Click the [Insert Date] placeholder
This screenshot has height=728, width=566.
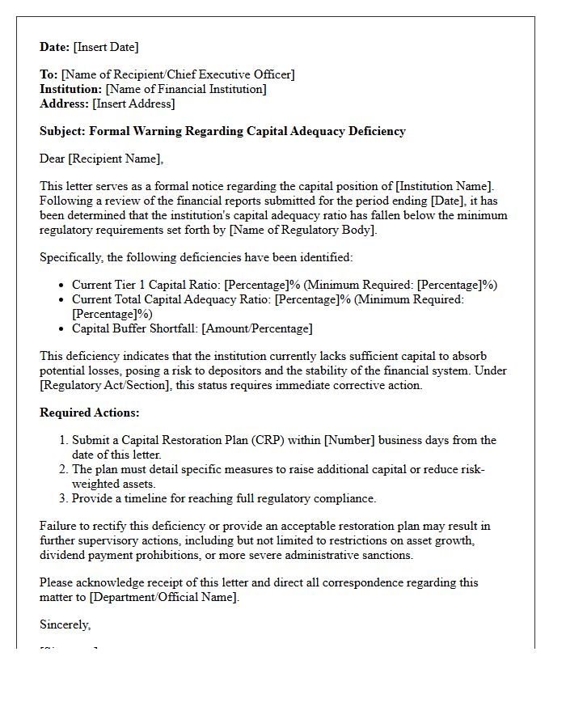point(106,47)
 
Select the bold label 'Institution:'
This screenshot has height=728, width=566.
point(71,89)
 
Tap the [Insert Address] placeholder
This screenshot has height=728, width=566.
point(133,104)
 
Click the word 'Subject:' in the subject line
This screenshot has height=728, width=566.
point(62,131)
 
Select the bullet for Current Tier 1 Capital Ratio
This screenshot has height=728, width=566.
point(62,286)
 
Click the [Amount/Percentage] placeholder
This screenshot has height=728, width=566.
point(256,328)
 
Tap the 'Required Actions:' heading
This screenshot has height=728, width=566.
point(90,413)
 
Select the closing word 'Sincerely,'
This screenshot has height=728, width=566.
point(65,624)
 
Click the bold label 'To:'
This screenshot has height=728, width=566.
point(49,74)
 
